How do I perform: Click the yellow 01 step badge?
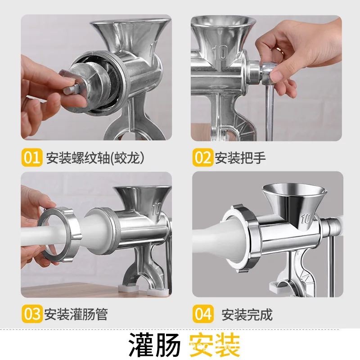[32, 157]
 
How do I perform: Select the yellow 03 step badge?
[32, 314]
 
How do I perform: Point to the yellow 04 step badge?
[203, 314]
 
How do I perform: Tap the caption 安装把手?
[240, 158]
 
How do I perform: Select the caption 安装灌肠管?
[76, 314]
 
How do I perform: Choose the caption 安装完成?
[247, 314]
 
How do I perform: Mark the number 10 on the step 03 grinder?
[156, 210]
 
